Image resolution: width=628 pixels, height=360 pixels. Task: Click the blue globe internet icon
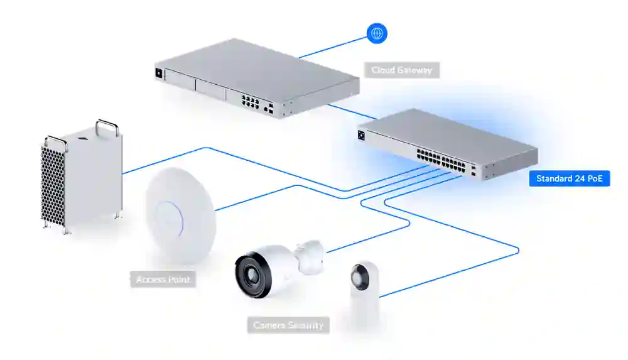click(377, 33)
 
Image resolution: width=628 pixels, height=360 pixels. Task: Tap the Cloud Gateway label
click(402, 70)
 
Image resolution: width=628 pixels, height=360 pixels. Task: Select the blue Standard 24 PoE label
click(570, 178)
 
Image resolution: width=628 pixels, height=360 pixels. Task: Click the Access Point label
click(163, 280)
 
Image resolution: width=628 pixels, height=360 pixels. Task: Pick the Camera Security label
click(288, 325)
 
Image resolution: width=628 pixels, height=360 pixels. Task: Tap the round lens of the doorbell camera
click(360, 277)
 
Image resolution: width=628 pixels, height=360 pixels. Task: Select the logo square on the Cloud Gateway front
click(159, 74)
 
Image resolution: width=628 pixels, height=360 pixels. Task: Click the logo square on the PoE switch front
click(361, 135)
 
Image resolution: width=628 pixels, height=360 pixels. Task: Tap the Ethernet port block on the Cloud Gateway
click(250, 101)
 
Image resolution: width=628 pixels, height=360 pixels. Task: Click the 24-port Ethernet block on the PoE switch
click(441, 161)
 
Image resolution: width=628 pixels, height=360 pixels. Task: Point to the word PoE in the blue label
click(595, 178)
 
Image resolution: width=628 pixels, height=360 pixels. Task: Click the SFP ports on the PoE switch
click(473, 170)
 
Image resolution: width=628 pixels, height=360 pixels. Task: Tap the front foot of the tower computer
click(67, 230)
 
